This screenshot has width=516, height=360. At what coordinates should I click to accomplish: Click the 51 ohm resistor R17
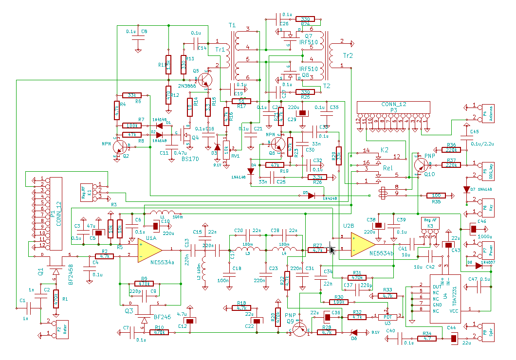[x=241, y=101]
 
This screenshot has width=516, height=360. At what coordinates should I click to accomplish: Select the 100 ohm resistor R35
[x=436, y=196]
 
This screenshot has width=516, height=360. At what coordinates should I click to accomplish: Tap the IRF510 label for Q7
[x=309, y=42]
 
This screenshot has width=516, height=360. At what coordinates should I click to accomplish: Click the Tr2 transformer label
[x=348, y=55]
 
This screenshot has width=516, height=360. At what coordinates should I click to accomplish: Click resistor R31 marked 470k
[x=357, y=278]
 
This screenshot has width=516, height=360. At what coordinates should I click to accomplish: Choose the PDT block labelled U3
[x=388, y=317]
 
